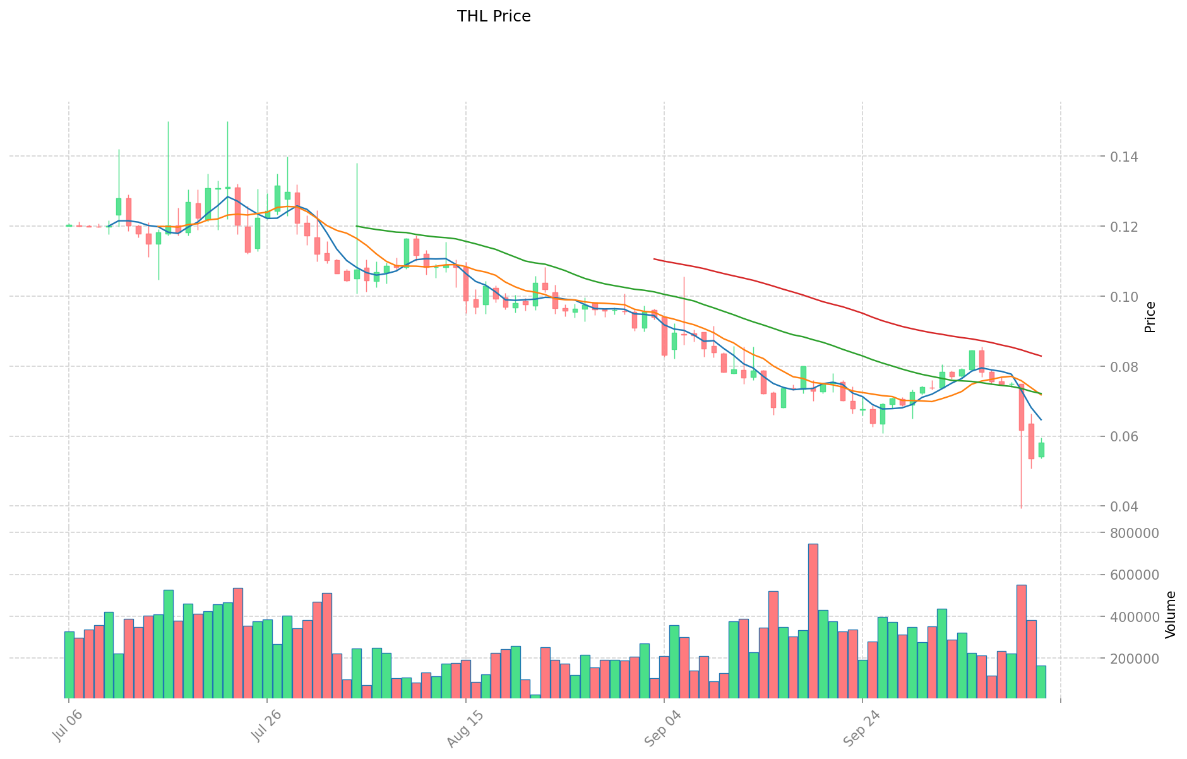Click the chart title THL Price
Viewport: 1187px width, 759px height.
[494, 16]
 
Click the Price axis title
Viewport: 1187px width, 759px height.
[1150, 317]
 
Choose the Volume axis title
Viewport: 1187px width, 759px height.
[1171, 614]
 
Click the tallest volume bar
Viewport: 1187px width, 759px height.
[813, 621]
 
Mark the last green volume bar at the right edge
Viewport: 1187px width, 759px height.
[1041, 682]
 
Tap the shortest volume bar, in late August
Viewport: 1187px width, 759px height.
[535, 696]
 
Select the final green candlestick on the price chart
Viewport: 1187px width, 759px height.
[1041, 450]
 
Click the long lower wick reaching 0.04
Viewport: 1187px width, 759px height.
[1021, 480]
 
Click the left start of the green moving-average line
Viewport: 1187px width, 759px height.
[357, 226]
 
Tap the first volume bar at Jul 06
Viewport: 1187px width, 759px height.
[69, 665]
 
